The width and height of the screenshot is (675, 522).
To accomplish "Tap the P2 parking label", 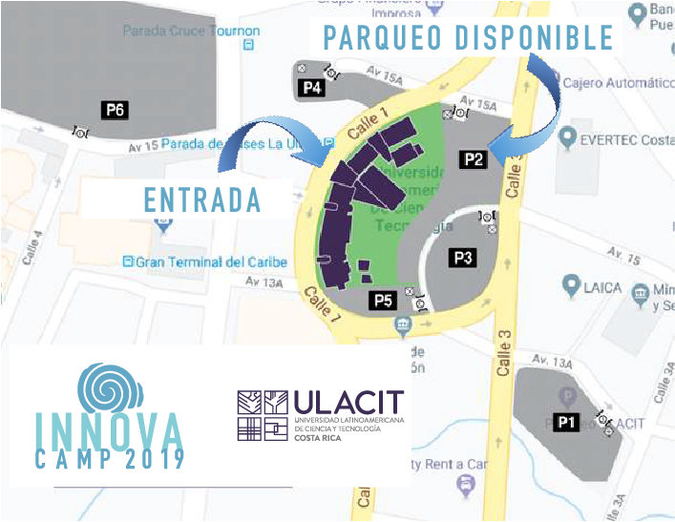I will tap(474, 159).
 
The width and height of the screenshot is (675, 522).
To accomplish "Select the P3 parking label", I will tap(464, 257).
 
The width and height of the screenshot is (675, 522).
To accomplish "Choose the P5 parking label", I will tap(383, 301).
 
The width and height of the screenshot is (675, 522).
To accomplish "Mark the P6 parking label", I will tap(116, 110).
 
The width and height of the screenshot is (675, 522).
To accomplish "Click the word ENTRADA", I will tap(202, 200).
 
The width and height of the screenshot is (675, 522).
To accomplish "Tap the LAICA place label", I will tap(602, 286).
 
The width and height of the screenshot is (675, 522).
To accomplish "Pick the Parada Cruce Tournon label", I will tap(190, 31).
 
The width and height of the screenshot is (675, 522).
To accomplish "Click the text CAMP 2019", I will tap(111, 460).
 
